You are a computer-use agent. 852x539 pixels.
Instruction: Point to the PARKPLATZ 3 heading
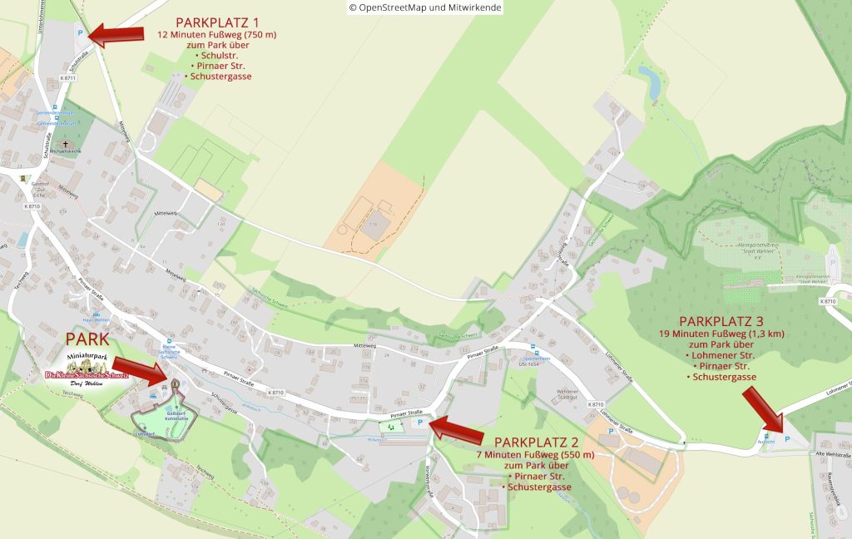tap(721, 320)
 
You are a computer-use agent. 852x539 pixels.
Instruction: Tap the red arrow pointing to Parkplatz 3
tap(762, 408)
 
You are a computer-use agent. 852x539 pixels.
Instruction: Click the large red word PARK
tap(88, 339)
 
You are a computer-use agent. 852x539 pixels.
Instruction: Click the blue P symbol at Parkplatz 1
tap(80, 33)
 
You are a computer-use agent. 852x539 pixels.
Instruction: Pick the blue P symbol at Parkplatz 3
tap(786, 438)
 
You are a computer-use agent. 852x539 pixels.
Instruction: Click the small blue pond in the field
tap(650, 82)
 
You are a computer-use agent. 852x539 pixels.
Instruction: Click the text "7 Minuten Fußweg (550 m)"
tap(535, 455)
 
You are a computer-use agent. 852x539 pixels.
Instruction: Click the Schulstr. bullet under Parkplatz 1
tap(214, 55)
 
